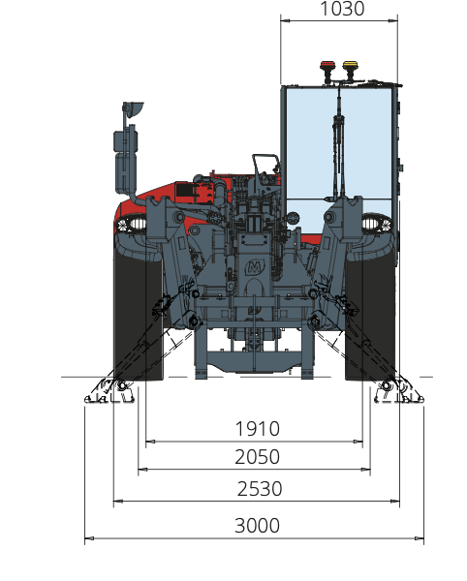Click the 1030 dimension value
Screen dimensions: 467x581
click(x=342, y=9)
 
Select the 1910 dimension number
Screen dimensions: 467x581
click(x=258, y=429)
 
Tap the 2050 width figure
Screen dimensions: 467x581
click(x=257, y=456)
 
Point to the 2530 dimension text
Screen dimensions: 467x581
click(x=260, y=488)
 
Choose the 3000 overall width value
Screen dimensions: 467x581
click(x=257, y=526)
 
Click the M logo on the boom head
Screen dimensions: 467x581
click(x=255, y=267)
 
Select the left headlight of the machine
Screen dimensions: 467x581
click(x=131, y=225)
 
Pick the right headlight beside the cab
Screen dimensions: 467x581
click(x=377, y=224)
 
